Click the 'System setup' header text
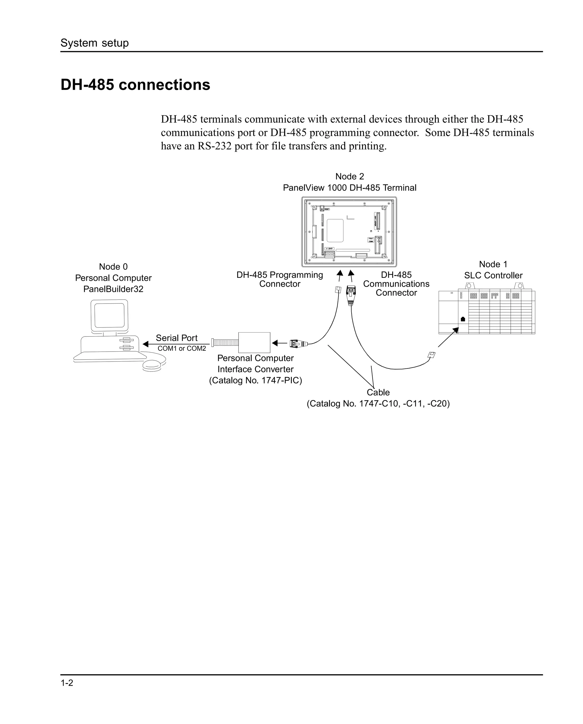click(x=95, y=43)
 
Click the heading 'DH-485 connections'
click(x=135, y=85)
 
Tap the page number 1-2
click(x=67, y=683)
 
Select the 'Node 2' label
click(x=349, y=176)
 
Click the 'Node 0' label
click(x=113, y=267)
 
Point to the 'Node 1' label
click(x=493, y=264)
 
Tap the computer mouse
click(x=154, y=365)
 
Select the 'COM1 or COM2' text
click(x=182, y=348)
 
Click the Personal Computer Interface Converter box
click(x=254, y=342)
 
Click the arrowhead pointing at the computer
click(x=146, y=344)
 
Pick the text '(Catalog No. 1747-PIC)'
click(x=255, y=380)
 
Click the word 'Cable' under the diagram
click(x=378, y=392)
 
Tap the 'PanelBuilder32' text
click(x=113, y=289)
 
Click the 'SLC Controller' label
click(x=493, y=275)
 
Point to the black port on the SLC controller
click(x=463, y=319)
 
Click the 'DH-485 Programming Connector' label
click(x=280, y=279)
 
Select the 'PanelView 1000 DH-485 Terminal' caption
click(x=349, y=188)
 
